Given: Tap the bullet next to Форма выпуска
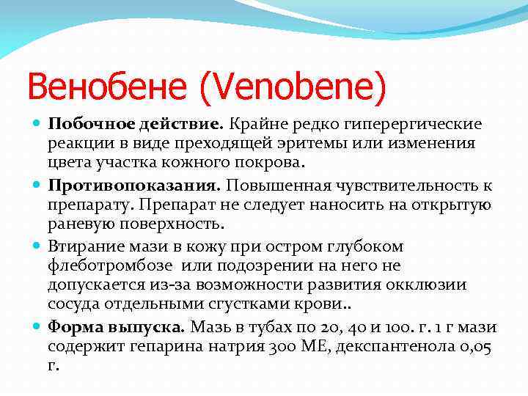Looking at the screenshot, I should click(37, 326).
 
